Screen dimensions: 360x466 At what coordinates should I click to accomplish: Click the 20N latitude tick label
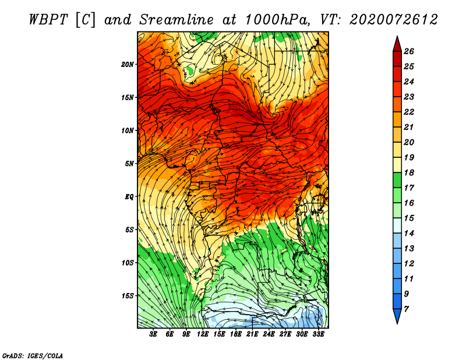[x=128, y=64]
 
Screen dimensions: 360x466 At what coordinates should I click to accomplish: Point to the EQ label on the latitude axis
[x=129, y=196]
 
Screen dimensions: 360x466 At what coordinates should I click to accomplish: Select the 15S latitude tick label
[x=128, y=295]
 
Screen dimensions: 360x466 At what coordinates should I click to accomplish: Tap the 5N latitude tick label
[x=129, y=164]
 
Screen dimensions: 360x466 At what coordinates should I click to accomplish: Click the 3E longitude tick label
[x=154, y=334]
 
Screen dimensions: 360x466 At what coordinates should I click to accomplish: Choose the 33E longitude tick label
[x=318, y=334]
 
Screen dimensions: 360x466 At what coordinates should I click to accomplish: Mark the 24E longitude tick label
[x=269, y=334]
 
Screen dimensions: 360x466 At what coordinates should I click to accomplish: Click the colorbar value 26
[x=409, y=51]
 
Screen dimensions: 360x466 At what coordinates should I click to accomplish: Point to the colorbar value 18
[x=409, y=172]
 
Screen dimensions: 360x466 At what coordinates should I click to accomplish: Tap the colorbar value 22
[x=409, y=112]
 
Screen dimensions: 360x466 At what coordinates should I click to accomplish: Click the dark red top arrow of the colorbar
[x=396, y=43]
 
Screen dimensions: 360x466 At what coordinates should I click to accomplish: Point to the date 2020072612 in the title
[x=393, y=20]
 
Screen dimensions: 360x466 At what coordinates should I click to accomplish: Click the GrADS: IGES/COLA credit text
[x=32, y=355]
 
